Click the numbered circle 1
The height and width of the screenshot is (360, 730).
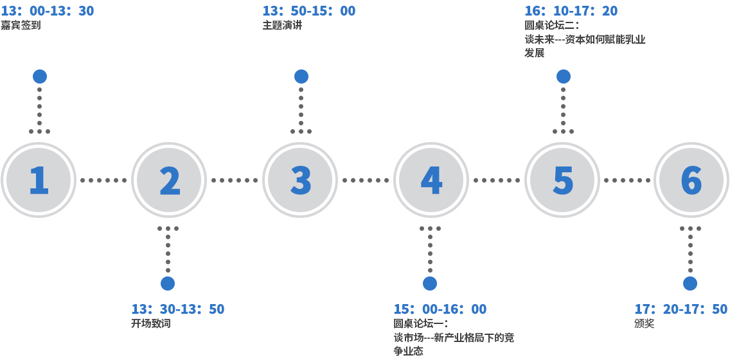tap(39, 180)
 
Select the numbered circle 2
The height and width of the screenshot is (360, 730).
tap(169, 180)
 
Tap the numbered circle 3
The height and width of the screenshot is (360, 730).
tap(300, 180)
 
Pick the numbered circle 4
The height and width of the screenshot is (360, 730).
tap(431, 180)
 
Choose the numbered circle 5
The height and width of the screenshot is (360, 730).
tap(562, 180)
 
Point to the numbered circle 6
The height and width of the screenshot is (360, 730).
tap(691, 180)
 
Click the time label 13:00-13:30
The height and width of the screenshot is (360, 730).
tap(48, 11)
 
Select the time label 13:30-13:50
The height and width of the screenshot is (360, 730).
tap(178, 309)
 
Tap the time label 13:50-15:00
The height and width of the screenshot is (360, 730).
tap(309, 11)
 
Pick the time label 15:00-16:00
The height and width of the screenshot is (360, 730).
tap(440, 309)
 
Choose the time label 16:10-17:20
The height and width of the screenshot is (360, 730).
tap(571, 11)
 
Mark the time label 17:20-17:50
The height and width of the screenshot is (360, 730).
tap(681, 309)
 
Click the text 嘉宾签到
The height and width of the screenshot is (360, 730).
tap(21, 26)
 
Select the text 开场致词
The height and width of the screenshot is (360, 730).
tap(151, 324)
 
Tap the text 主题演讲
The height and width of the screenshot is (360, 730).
tap(282, 26)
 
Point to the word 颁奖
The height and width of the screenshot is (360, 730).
tap(645, 324)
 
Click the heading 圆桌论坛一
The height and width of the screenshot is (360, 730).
tap(421, 324)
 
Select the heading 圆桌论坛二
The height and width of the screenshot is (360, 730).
tap(552, 26)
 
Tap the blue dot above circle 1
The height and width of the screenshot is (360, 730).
tap(40, 76)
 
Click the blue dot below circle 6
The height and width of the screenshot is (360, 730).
tap(690, 283)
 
